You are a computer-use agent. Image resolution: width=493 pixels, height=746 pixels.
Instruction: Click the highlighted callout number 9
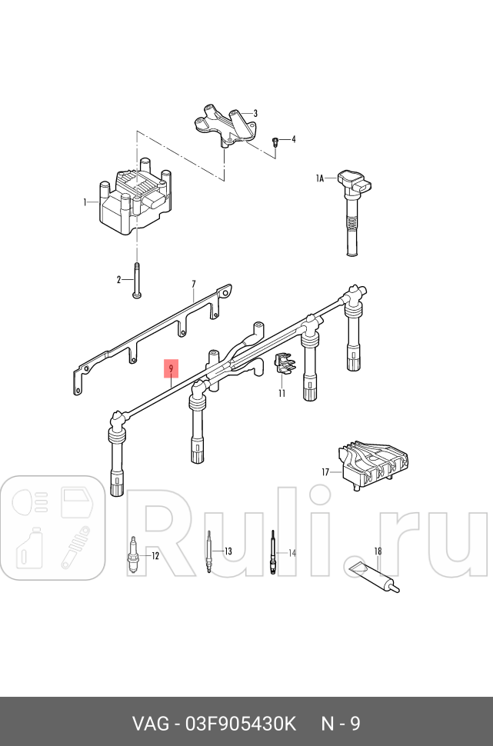click(x=171, y=369)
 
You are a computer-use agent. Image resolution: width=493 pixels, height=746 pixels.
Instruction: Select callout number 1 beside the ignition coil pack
click(x=85, y=202)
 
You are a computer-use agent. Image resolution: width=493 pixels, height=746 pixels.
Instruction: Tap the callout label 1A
click(x=320, y=178)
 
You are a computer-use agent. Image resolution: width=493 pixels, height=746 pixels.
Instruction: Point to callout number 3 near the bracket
click(x=255, y=113)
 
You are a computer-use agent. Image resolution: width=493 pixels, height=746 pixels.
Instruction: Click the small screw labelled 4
click(x=275, y=141)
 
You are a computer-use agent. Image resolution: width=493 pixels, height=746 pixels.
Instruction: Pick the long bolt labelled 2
click(x=137, y=280)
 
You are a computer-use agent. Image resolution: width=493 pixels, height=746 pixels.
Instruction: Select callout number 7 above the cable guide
click(x=194, y=285)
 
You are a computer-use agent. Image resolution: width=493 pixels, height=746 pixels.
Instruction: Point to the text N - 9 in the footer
click(x=340, y=724)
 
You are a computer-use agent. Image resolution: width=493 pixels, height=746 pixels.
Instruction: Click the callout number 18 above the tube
click(x=378, y=551)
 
